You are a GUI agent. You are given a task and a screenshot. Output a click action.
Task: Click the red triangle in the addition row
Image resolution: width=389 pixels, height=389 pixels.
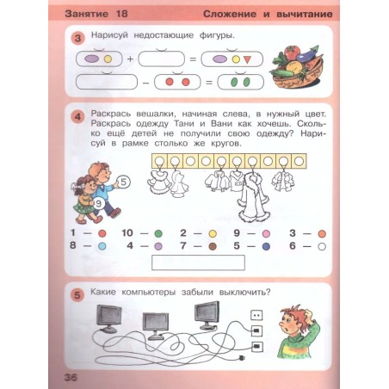pos(247,59)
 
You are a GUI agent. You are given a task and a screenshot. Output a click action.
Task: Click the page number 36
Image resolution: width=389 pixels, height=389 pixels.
pos(71,377)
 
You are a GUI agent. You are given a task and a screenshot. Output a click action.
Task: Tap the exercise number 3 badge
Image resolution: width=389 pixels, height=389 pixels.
pos(78,38)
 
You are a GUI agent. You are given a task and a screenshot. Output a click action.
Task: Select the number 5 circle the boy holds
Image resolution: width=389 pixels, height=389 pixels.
pos(123,182)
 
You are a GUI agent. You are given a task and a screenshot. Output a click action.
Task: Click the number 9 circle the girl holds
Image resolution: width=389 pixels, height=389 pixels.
pos(98,203)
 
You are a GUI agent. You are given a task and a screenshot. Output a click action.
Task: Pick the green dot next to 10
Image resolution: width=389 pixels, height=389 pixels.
pos(158,233)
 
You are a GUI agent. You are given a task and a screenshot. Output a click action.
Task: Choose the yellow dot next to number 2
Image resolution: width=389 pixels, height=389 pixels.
pos(213,233)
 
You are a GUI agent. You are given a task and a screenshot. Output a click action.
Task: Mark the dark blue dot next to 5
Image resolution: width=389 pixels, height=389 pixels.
pos(266,246)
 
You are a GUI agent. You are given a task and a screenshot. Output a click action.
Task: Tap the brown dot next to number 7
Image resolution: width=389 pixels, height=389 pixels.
pos(213,246)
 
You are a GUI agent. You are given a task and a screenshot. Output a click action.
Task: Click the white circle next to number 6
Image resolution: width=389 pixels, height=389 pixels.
pos(322,246)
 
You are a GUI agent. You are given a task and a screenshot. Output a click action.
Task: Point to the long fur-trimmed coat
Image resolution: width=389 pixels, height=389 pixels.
pos(254,198)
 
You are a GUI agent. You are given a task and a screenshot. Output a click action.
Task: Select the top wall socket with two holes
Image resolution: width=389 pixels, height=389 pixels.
pos(256,315)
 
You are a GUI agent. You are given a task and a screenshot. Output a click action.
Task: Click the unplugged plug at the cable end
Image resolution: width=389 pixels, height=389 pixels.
pos(242,357)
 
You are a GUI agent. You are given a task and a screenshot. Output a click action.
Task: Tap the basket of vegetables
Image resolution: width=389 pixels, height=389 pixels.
pos(297,68)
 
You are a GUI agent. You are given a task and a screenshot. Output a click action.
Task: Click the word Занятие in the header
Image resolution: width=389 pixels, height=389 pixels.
pos(87,14)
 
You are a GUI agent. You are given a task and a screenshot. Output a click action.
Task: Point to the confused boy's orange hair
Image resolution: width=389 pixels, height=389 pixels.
pos(293,312)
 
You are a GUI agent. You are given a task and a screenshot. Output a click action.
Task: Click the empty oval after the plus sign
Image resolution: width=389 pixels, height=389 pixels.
pos(161,59)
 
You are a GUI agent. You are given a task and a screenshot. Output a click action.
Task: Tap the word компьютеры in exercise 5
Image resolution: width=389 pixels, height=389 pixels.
pos(149,293)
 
